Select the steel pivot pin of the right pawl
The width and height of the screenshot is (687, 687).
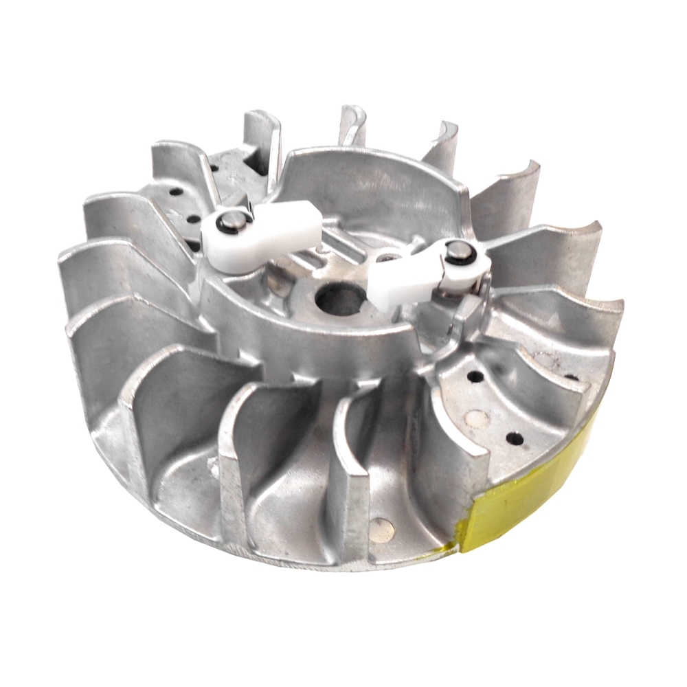(x=455, y=254)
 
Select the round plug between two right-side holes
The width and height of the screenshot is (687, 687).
(x=475, y=416)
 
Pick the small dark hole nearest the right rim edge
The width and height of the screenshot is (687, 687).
(x=570, y=376)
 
